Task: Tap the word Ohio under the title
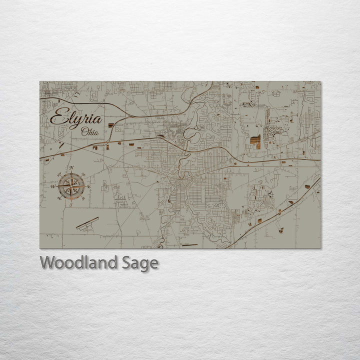90,132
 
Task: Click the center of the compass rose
70,185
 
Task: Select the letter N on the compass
71,167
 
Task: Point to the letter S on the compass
71,204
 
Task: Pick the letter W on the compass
52,186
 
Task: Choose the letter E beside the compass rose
88,186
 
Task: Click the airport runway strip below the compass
87,223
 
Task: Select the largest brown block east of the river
255,142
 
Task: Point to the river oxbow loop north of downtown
192,134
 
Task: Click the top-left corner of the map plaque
40,81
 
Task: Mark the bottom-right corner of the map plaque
320,248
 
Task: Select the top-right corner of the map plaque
320,81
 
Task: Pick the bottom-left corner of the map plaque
40,248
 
